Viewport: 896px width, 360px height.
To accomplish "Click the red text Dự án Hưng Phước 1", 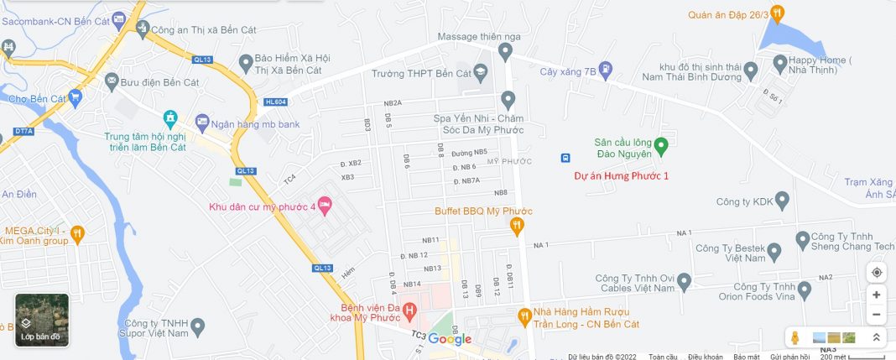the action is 621,176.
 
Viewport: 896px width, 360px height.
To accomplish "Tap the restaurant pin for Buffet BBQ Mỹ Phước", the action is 518,225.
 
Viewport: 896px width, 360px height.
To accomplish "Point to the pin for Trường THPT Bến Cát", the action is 480,73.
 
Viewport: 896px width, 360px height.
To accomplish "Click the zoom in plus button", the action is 877,295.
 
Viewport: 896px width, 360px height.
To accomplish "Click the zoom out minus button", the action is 877,316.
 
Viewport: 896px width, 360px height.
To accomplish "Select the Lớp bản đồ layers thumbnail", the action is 42,320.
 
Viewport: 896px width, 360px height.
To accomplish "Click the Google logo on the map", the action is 450,339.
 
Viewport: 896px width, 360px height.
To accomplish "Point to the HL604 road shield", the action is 274,102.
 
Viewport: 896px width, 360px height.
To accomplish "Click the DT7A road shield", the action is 23,132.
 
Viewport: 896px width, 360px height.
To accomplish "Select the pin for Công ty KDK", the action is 782,201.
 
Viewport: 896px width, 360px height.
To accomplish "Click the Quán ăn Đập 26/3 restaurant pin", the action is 778,13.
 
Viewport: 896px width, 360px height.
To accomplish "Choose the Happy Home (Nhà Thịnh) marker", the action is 779,62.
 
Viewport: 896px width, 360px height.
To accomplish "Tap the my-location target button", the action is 877,272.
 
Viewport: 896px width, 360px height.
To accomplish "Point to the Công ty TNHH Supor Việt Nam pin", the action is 198,326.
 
